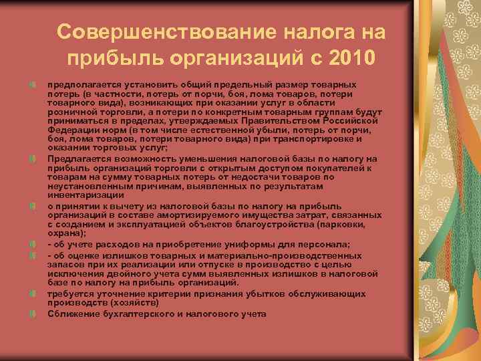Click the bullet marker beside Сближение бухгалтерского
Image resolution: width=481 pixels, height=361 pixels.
32,314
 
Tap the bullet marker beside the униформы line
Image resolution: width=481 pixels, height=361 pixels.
32,244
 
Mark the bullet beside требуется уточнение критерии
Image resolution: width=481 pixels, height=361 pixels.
32,293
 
